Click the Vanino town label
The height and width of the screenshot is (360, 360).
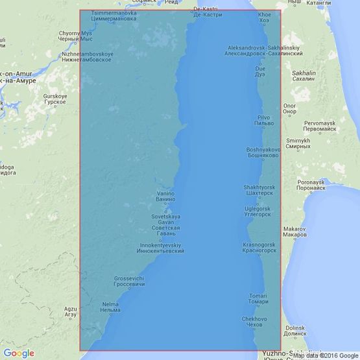(x=166, y=197)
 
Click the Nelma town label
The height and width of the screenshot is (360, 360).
(x=112, y=307)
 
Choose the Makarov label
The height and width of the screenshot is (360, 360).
(x=294, y=232)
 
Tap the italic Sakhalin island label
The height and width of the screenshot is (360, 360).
(x=304, y=74)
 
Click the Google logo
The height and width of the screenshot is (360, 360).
(x=18, y=353)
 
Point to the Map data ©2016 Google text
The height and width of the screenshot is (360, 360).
(x=324, y=355)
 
